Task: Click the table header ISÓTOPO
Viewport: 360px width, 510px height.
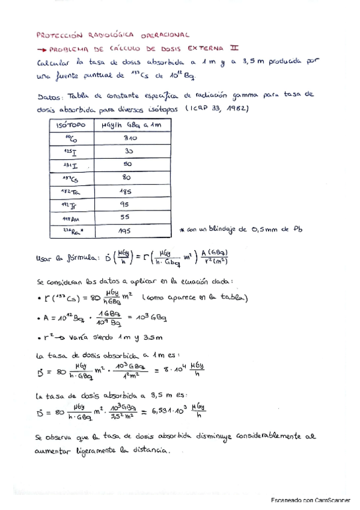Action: pyautogui.click(x=71, y=125)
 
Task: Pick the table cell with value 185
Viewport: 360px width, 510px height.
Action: pyautogui.click(x=125, y=191)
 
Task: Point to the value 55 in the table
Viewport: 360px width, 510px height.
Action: pyautogui.click(x=126, y=217)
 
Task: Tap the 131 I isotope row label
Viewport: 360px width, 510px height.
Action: pyautogui.click(x=71, y=165)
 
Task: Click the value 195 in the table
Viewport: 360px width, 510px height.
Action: pyautogui.click(x=125, y=231)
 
